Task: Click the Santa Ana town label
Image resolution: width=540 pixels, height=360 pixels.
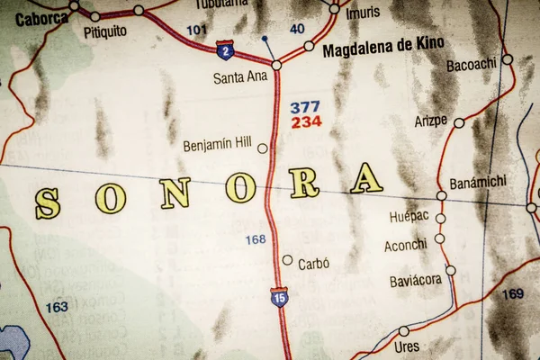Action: [240, 77]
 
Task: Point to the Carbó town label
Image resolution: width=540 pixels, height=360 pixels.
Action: [314, 264]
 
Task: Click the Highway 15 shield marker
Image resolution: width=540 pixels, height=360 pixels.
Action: [280, 297]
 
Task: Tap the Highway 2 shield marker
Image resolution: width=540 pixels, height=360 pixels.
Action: [225, 49]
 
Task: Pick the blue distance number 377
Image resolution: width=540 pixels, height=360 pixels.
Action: [305, 107]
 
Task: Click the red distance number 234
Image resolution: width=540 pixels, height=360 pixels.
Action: [306, 122]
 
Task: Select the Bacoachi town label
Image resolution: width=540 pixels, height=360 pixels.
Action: [471, 64]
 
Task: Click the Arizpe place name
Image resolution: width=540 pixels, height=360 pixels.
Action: [430, 120]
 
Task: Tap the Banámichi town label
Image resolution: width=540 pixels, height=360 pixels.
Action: [477, 182]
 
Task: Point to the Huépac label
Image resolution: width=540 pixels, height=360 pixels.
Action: [409, 217]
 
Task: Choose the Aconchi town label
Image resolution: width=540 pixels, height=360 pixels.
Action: [405, 245]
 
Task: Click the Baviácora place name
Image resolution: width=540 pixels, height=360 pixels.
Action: [415, 281]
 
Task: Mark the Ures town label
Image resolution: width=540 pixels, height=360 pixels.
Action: [406, 346]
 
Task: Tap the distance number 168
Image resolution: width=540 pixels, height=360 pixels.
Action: [256, 239]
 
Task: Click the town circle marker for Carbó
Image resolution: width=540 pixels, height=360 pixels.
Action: [287, 260]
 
